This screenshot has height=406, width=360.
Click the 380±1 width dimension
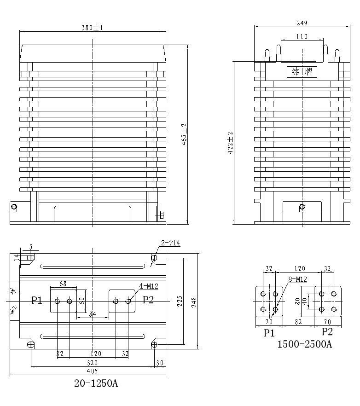click(x=92, y=28)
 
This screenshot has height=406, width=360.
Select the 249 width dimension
click(x=302, y=23)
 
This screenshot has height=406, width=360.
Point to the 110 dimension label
click(x=302, y=36)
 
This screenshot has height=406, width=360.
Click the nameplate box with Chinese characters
click(x=302, y=72)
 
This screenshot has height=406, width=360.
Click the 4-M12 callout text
click(x=149, y=286)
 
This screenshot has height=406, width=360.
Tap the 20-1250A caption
click(x=96, y=383)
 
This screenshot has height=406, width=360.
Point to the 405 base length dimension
click(x=92, y=371)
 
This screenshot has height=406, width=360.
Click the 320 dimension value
click(x=92, y=362)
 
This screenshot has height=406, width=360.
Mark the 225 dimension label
click(x=180, y=302)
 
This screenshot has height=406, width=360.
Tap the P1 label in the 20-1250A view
click(x=37, y=301)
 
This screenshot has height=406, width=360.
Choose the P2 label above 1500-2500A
click(x=327, y=332)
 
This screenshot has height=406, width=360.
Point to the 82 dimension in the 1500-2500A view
click(x=298, y=322)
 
